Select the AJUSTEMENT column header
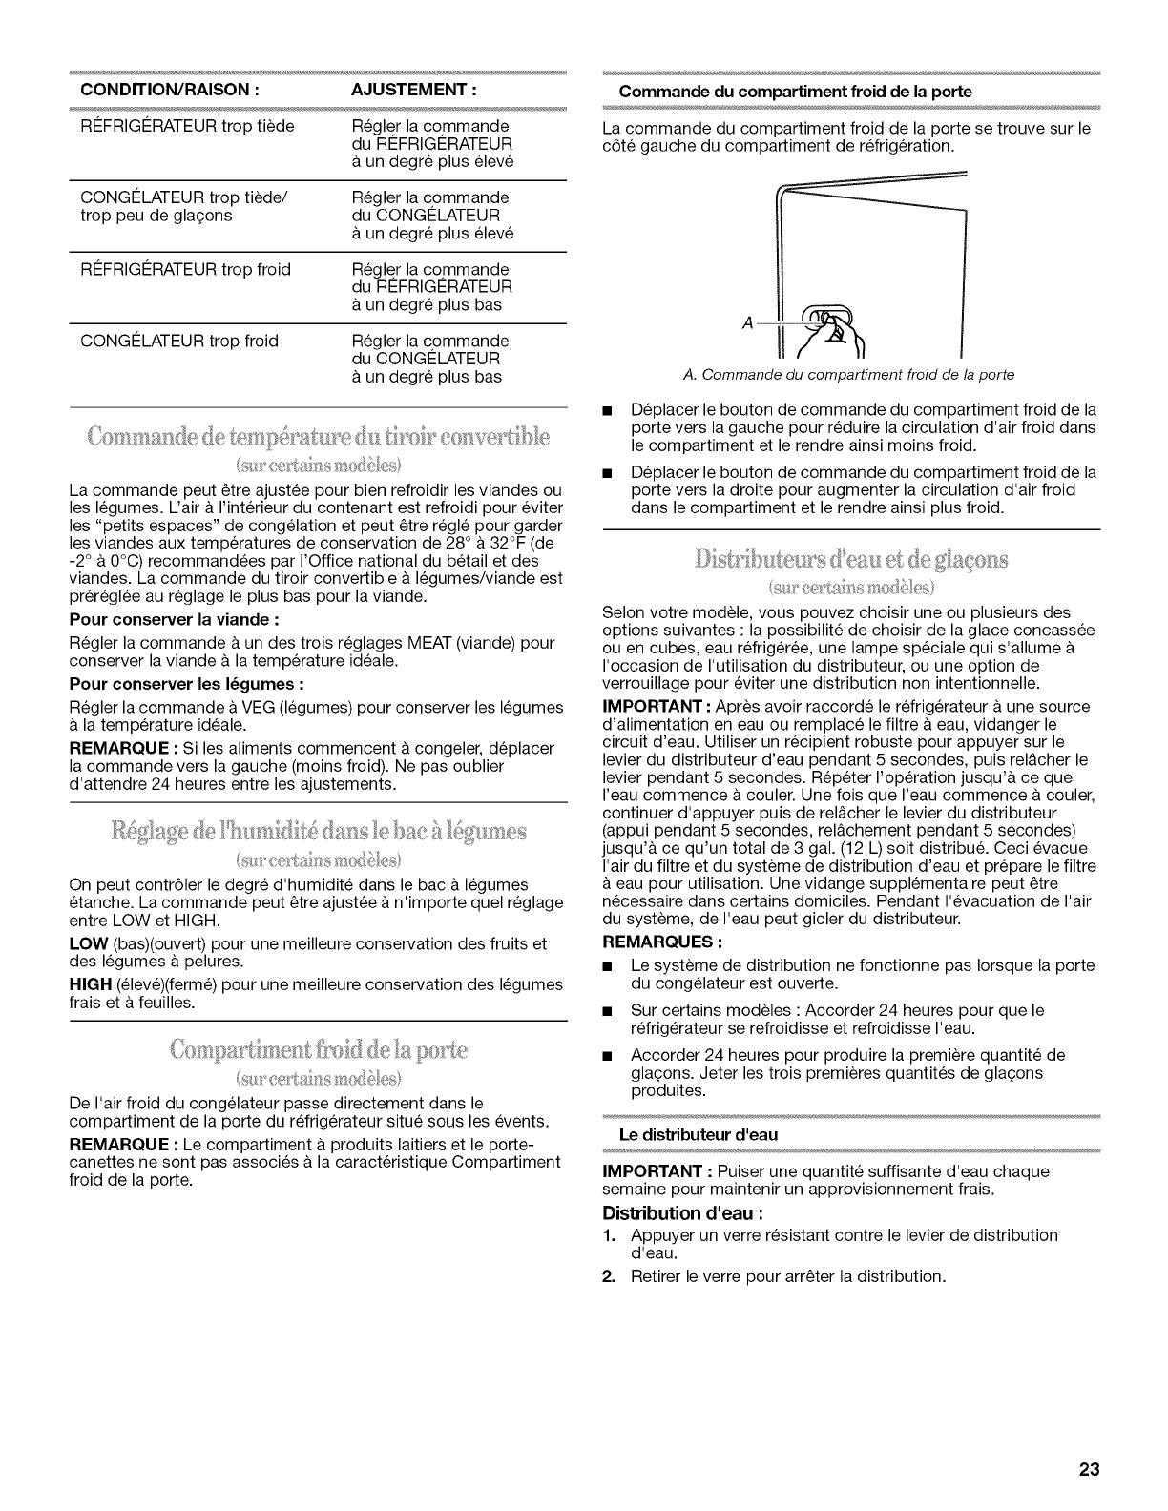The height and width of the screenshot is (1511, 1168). [414, 92]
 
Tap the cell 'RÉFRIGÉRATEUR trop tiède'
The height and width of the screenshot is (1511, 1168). [181, 127]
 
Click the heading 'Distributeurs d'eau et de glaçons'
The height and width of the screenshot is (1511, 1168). [851, 558]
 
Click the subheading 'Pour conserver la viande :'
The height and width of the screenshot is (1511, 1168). [174, 617]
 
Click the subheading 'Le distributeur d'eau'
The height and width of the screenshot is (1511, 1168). [699, 1134]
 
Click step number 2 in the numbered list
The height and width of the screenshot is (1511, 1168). [609, 1276]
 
